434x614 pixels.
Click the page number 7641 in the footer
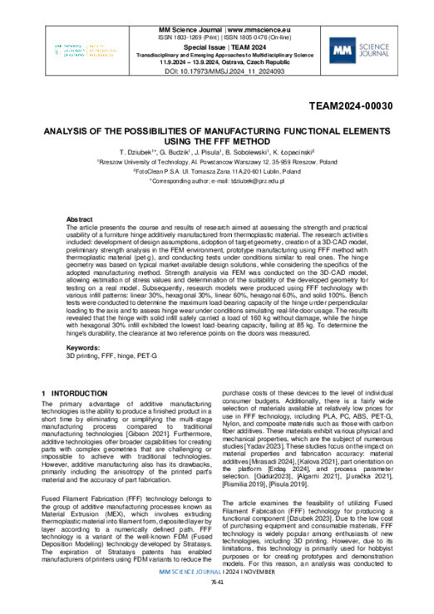click(217, 605)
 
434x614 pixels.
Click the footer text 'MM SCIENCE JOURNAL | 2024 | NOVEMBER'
click(217, 595)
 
